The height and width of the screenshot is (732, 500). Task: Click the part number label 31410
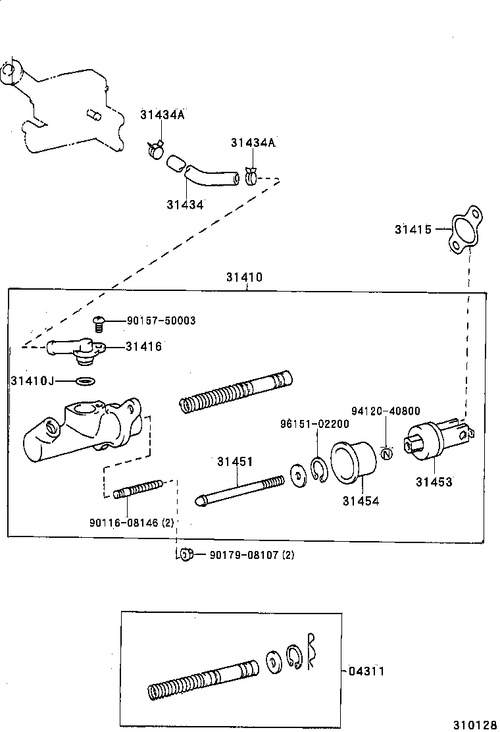click(244, 277)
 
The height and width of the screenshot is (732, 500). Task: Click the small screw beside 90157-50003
click(99, 323)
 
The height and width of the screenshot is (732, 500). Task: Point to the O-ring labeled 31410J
click(85, 380)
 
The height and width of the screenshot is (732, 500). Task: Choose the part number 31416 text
click(144, 346)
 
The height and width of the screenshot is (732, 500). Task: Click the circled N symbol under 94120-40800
click(387, 453)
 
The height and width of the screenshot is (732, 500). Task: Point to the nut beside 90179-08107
click(186, 554)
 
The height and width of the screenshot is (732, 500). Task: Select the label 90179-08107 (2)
click(251, 555)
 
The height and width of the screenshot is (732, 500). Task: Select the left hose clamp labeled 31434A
click(155, 149)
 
